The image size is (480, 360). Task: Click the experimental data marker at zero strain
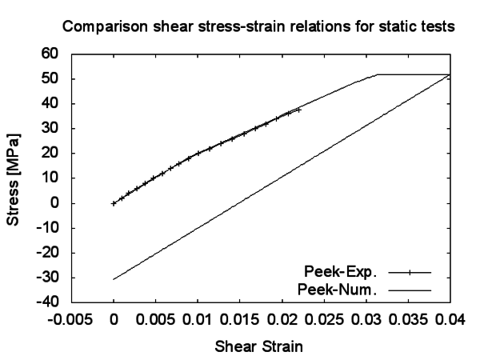point(114,203)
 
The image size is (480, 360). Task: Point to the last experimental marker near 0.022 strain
point(298,110)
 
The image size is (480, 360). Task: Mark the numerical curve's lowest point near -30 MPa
point(114,279)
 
